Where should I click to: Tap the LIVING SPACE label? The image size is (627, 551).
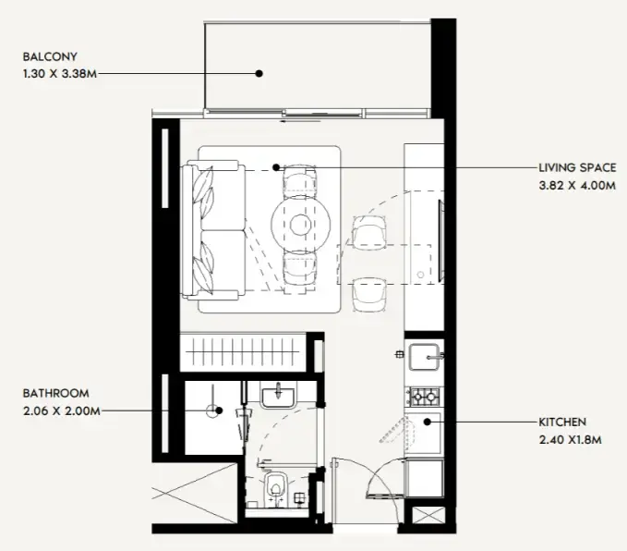577,167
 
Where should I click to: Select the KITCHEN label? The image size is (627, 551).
562,422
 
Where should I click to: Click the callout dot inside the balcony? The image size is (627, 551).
261,72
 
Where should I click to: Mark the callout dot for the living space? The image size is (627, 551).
275,168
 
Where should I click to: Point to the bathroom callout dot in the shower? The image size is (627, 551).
212,410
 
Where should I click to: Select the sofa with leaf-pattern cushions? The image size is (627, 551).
213,230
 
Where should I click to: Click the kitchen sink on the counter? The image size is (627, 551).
426,355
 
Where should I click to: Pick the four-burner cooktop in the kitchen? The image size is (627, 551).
425,397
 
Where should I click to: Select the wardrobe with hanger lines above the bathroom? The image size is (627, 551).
245,353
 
